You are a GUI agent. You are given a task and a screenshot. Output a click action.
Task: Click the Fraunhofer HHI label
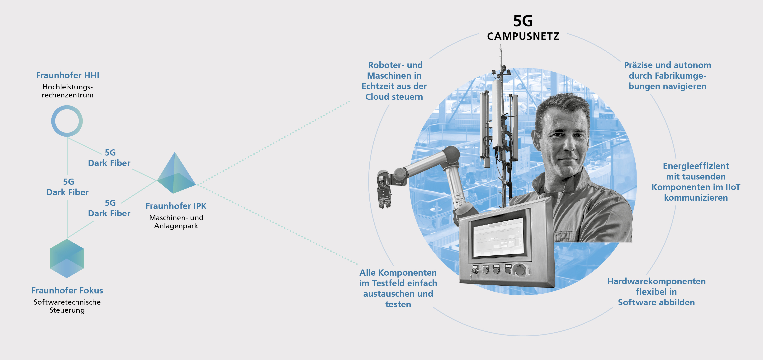pos(68,75)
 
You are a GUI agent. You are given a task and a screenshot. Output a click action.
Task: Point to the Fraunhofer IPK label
pos(176,206)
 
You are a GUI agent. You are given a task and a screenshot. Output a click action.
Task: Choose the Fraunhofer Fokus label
pos(67,290)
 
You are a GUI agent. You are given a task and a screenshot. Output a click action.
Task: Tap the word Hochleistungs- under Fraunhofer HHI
pos(68,87)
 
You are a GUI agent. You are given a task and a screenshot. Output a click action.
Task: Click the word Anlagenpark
pos(176,226)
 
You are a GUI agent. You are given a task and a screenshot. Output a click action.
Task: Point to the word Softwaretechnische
pos(67,302)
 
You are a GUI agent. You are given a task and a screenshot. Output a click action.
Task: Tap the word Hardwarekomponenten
pos(656,281)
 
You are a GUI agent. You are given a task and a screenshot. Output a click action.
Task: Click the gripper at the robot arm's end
pos(384,189)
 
